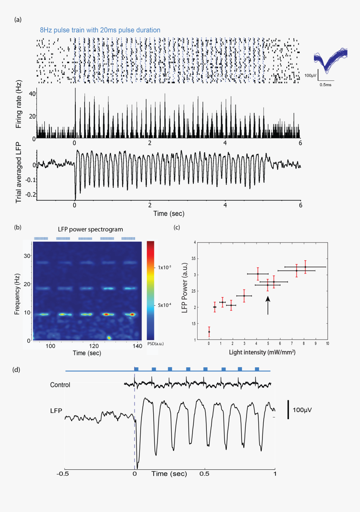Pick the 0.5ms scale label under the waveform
(x=326, y=84)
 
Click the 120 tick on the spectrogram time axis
(x=94, y=346)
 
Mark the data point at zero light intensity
(x=209, y=332)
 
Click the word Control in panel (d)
(x=60, y=385)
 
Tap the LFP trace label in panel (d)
(x=56, y=411)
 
